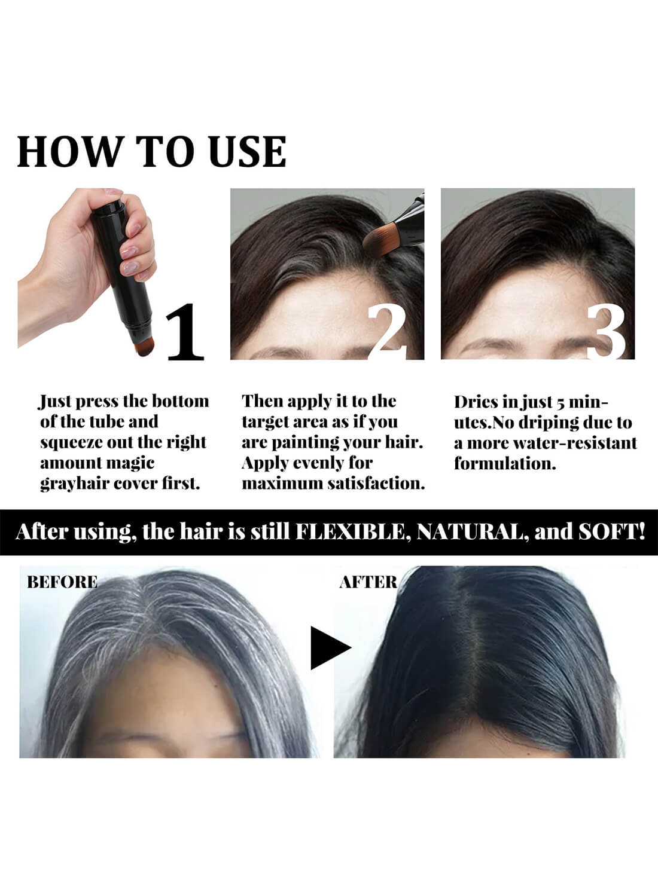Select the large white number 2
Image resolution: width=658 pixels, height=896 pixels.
tap(388, 332)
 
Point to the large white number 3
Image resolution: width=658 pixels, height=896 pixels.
tap(605, 332)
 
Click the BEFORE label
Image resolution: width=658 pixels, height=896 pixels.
tap(62, 582)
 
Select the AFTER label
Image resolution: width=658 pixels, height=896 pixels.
tap(368, 582)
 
